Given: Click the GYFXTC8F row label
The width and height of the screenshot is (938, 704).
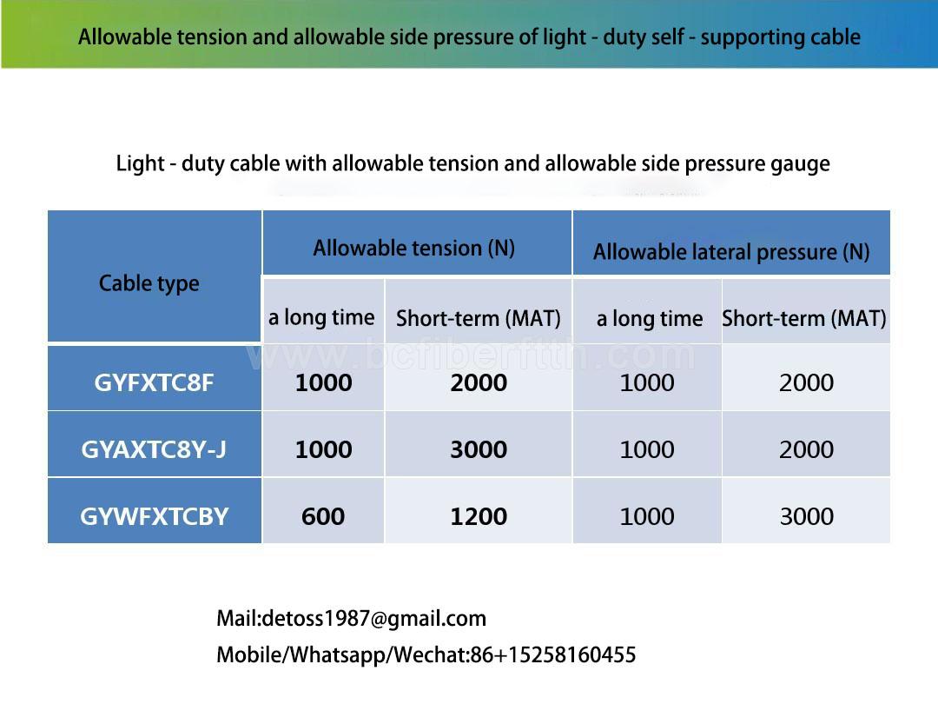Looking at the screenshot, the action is [x=154, y=382].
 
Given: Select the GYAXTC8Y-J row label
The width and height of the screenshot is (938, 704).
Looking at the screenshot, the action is [x=154, y=449].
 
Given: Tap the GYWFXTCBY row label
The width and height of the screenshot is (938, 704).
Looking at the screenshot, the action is [x=155, y=516].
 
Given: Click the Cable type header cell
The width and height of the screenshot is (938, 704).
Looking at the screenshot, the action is [x=149, y=283].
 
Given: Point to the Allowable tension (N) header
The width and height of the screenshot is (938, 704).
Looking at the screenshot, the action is [x=414, y=248].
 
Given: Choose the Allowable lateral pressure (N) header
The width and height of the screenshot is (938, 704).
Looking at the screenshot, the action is [x=731, y=252].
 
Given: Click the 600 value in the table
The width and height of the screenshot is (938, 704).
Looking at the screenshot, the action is [x=323, y=516].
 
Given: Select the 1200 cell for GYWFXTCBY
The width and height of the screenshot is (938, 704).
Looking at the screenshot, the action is [x=479, y=516].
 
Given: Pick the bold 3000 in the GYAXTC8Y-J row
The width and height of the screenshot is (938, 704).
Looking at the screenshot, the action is [x=479, y=449].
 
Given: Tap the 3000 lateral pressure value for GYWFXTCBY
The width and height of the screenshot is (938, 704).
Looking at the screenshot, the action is [x=806, y=516].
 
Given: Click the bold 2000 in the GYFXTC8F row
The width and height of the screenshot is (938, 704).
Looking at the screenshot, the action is [x=479, y=382].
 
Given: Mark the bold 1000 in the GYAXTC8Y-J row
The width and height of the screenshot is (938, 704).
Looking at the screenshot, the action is [x=324, y=449].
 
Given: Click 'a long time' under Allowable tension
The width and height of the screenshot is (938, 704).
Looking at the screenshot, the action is [x=321, y=317].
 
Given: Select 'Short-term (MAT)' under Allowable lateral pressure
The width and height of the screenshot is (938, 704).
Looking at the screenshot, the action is [x=804, y=318].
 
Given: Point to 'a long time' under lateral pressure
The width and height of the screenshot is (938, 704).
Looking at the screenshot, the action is [x=650, y=318].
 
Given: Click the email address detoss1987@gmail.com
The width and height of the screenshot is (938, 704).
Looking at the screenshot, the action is [x=373, y=619].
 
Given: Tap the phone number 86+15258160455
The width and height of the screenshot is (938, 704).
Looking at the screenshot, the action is [x=553, y=655].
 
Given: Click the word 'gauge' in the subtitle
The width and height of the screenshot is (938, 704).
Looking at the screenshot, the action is [x=801, y=164].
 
